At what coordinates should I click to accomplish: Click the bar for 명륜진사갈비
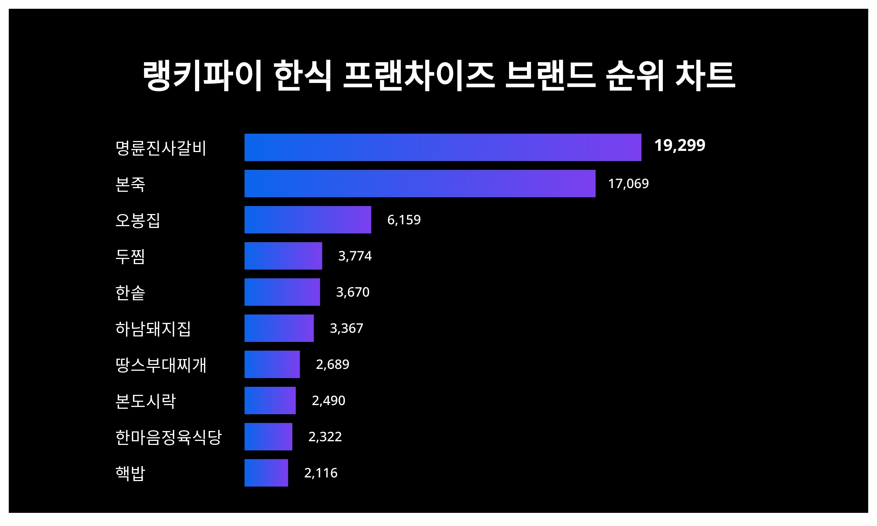[x=443, y=147]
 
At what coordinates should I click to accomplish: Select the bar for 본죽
[x=420, y=183]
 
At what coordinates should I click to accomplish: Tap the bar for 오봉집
[x=308, y=220]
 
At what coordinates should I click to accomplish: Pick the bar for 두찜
[x=283, y=256]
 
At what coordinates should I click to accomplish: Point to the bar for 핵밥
[x=266, y=473]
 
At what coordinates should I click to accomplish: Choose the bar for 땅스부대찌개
[x=272, y=364]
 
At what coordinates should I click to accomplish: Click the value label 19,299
[x=679, y=145]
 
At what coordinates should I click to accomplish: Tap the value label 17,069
[x=628, y=183]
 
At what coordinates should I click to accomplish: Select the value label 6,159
[x=404, y=220]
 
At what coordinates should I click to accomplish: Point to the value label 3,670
[x=353, y=292]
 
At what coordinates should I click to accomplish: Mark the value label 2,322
[x=325, y=437]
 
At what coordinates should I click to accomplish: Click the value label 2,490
[x=328, y=400]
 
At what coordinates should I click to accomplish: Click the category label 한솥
[x=130, y=293]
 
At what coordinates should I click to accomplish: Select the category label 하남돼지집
[x=153, y=329]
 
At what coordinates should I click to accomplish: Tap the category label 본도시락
[x=145, y=401]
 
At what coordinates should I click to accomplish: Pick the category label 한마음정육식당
[x=168, y=437]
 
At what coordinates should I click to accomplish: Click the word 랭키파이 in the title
[x=202, y=76]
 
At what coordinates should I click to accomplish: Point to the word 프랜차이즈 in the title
[x=419, y=76]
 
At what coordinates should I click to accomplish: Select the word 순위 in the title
[x=635, y=76]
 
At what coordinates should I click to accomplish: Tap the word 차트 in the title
[x=705, y=76]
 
